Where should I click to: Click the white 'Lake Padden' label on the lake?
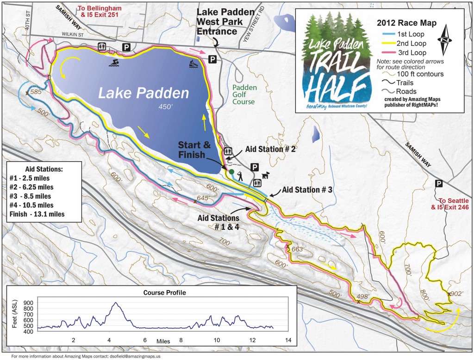(x=144, y=93)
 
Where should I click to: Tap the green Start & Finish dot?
(x=231, y=171)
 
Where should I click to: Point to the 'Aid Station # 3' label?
(x=307, y=189)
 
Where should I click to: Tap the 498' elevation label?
(x=365, y=297)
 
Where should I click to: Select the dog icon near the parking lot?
(x=266, y=176)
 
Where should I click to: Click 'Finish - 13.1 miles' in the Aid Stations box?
(x=37, y=214)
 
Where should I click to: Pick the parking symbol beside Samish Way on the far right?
(x=437, y=184)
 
